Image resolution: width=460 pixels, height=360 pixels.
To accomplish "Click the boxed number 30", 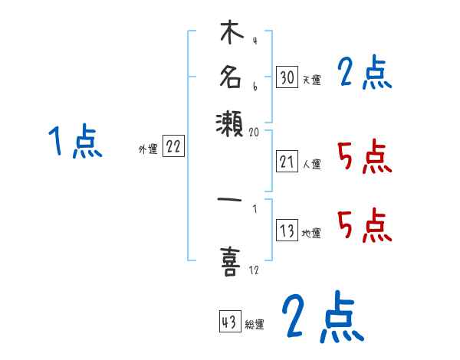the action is click(x=287, y=77).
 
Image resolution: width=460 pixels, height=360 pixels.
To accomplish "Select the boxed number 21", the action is click(x=287, y=162).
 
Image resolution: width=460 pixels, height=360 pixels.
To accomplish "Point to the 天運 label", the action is click(x=311, y=79).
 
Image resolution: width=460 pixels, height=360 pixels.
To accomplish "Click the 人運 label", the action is click(x=311, y=164).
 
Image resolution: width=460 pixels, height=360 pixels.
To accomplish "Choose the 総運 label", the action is click(x=255, y=324).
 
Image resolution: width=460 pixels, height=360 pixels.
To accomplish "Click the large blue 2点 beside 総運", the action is click(x=321, y=318).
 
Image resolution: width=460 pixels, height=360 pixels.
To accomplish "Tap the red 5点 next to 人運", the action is click(x=364, y=158).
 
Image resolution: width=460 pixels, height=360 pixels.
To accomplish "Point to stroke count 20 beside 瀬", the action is click(x=255, y=132).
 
